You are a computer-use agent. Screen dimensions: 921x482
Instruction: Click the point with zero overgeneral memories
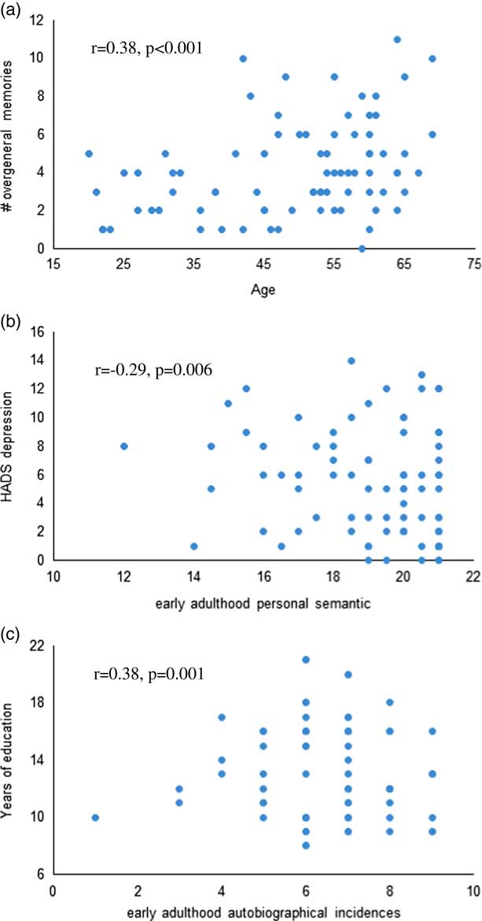tap(362, 249)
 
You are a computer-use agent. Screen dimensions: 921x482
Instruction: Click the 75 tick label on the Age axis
tap(474, 265)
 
